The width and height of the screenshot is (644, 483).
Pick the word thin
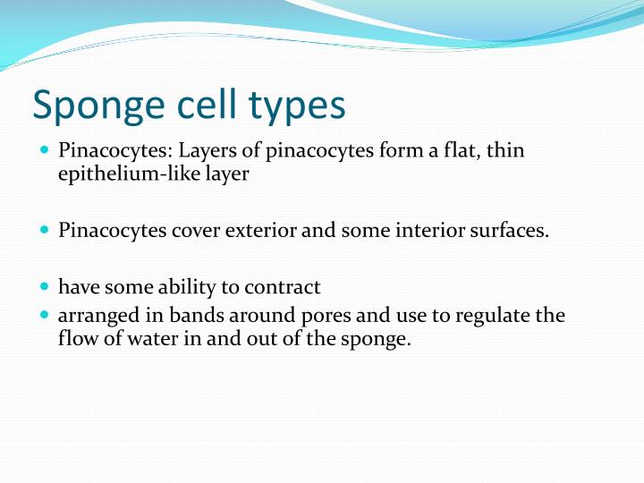[505, 150]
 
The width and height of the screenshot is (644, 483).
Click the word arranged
[94, 316]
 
